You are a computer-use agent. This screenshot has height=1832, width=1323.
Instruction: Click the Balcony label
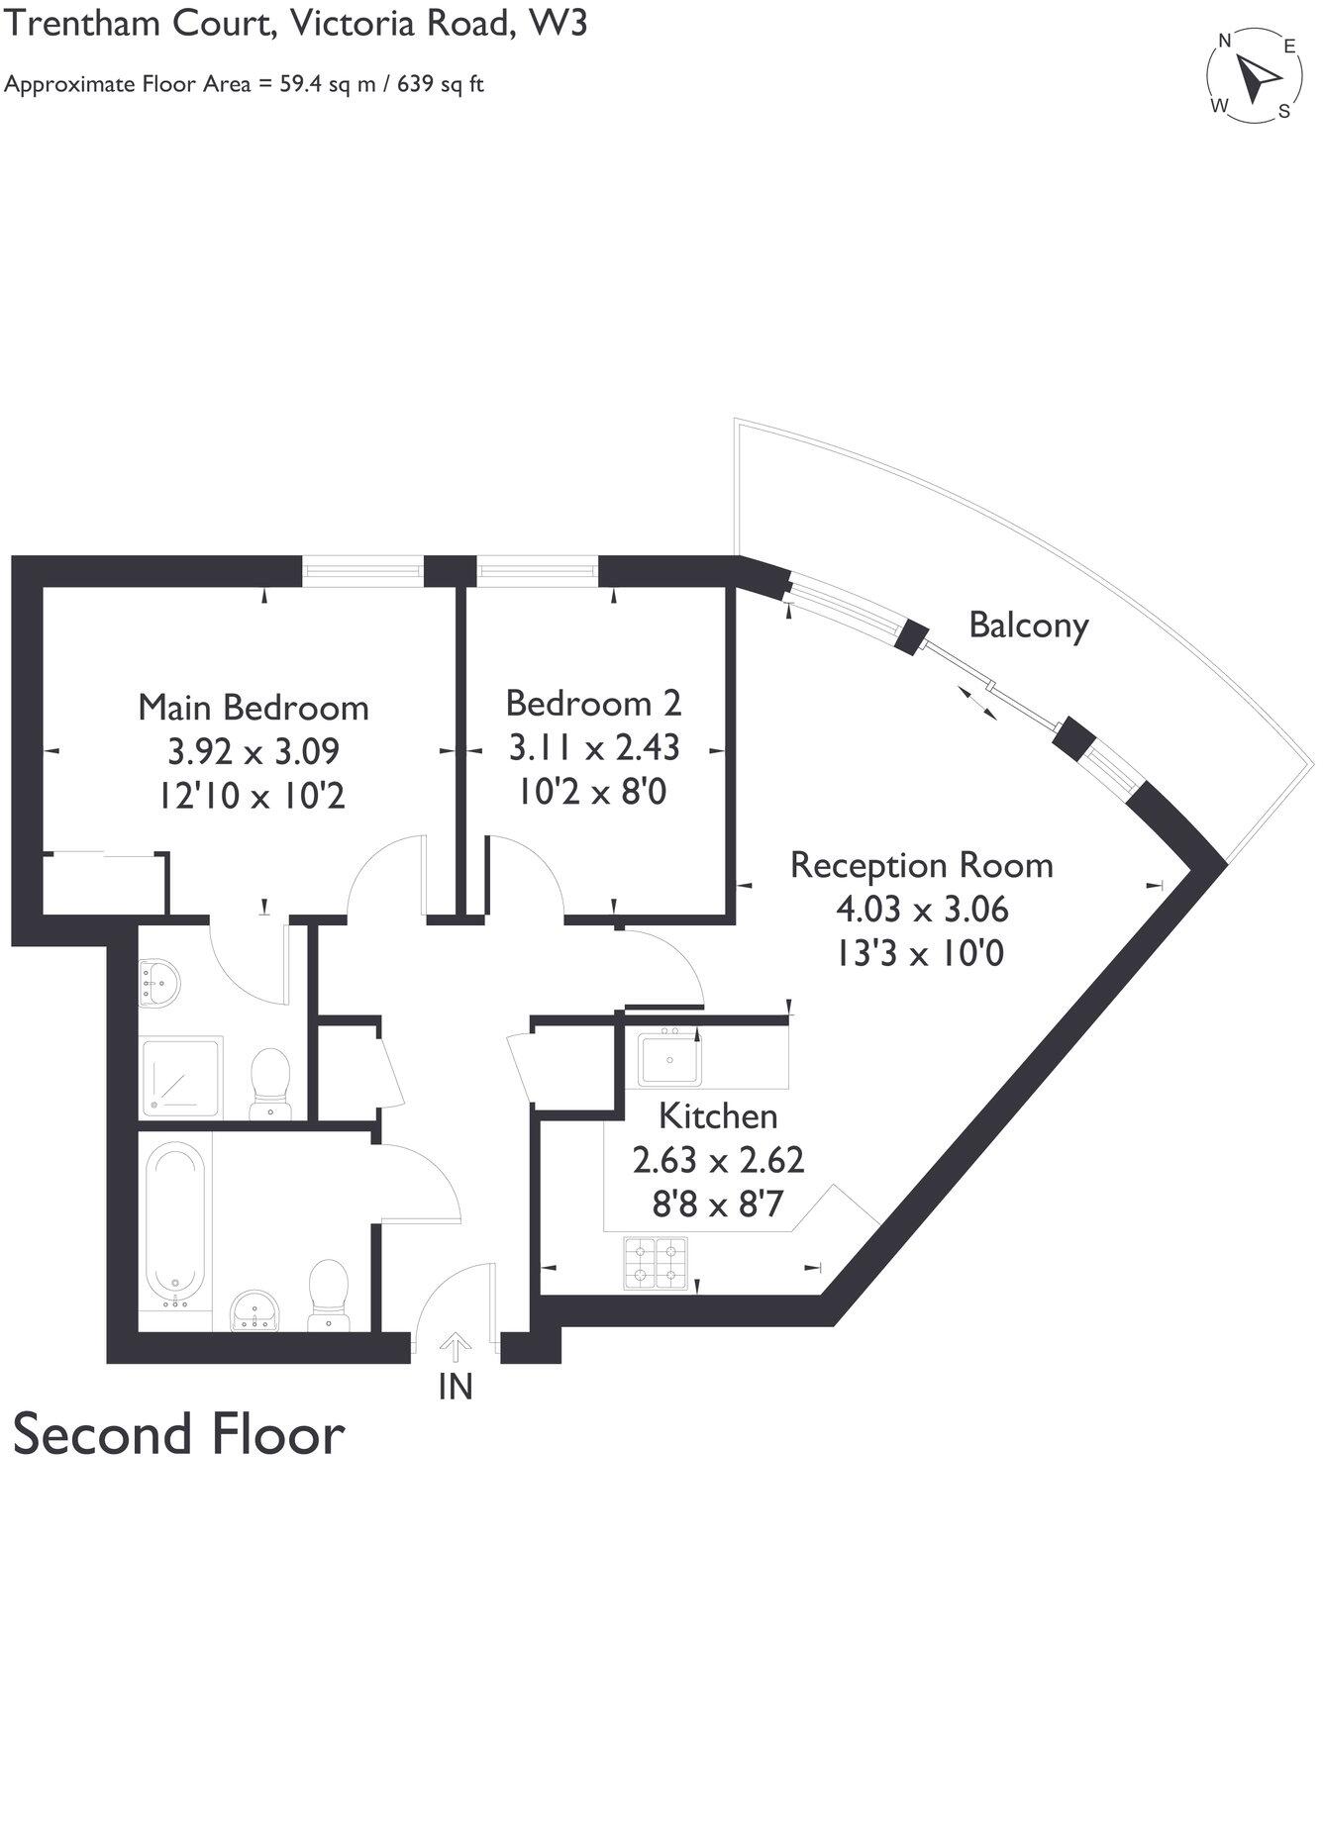(x=1028, y=626)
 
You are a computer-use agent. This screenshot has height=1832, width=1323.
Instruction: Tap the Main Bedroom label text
(x=254, y=708)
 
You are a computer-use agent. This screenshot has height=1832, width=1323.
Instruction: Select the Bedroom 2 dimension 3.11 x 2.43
(x=594, y=747)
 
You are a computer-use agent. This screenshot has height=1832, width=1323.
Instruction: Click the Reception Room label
(x=921, y=866)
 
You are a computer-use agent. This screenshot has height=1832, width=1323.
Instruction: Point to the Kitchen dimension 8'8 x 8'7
(x=718, y=1205)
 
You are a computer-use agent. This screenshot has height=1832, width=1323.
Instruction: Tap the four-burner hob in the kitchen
(x=656, y=1264)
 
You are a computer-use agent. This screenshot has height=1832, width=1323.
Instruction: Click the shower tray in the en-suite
(x=179, y=1078)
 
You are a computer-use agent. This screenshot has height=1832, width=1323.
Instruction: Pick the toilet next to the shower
(x=269, y=1081)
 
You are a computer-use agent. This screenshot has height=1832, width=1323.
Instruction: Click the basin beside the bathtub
(x=255, y=1312)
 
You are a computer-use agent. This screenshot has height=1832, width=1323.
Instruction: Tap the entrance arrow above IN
(x=456, y=1346)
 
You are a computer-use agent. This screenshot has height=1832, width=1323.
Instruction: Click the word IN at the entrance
(x=456, y=1388)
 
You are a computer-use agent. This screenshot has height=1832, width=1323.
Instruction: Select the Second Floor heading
(x=178, y=1434)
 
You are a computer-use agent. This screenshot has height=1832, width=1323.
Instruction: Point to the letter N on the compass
(x=1225, y=42)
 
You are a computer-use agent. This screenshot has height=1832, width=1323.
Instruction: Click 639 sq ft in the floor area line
(x=441, y=84)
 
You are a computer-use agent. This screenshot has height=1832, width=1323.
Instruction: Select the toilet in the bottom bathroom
(x=328, y=1293)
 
